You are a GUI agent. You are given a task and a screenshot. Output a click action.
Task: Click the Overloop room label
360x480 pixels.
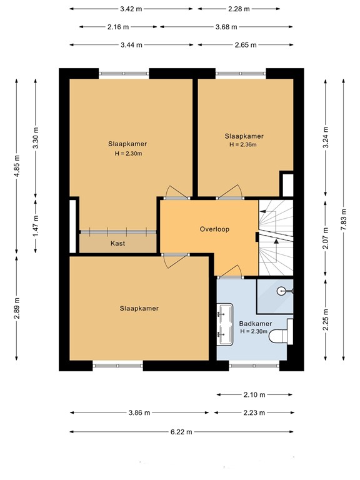coord(214,229)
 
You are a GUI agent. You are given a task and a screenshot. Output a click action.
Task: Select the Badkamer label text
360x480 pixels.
coord(255,324)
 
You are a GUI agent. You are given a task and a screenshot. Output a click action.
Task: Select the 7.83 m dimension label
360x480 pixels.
coord(343,219)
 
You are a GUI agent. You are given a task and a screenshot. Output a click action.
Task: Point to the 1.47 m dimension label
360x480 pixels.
coord(36,222)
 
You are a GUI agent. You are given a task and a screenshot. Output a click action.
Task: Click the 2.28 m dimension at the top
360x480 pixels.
coord(237,9)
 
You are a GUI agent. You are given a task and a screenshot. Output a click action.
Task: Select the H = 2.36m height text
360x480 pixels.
coord(243,144)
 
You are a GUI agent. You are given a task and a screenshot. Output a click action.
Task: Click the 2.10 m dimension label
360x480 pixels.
coord(254,395)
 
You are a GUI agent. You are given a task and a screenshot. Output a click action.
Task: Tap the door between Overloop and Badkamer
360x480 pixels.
coord(231,273)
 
